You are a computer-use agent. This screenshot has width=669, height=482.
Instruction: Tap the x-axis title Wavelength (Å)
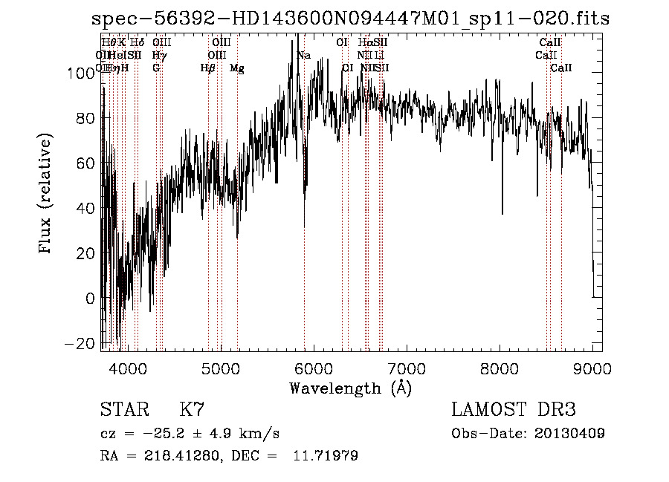coord(350,388)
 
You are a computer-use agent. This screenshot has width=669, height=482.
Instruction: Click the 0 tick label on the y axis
coord(89,299)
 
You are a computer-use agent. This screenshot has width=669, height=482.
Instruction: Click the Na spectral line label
coord(303,56)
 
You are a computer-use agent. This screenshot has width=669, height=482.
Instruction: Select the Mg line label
coord(236,68)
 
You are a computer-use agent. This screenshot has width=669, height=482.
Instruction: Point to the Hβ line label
coord(207,68)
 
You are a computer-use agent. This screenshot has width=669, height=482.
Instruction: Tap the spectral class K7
coord(192,410)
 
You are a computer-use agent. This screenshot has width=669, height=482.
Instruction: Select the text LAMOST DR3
coord(514,410)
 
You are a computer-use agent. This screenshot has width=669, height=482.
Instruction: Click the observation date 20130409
coord(569,433)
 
